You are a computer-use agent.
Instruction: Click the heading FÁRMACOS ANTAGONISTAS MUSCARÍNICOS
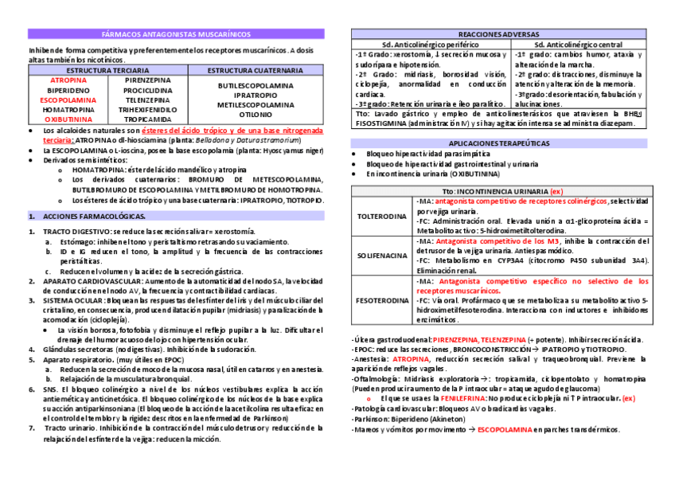[x=176, y=35]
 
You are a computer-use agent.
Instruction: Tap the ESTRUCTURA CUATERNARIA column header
[x=256, y=70]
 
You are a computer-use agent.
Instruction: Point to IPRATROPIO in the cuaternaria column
[x=256, y=95]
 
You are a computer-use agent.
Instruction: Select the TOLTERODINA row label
[x=382, y=216]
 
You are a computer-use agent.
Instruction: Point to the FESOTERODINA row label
[x=382, y=301]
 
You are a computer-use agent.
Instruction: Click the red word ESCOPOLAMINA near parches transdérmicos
[x=505, y=429]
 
